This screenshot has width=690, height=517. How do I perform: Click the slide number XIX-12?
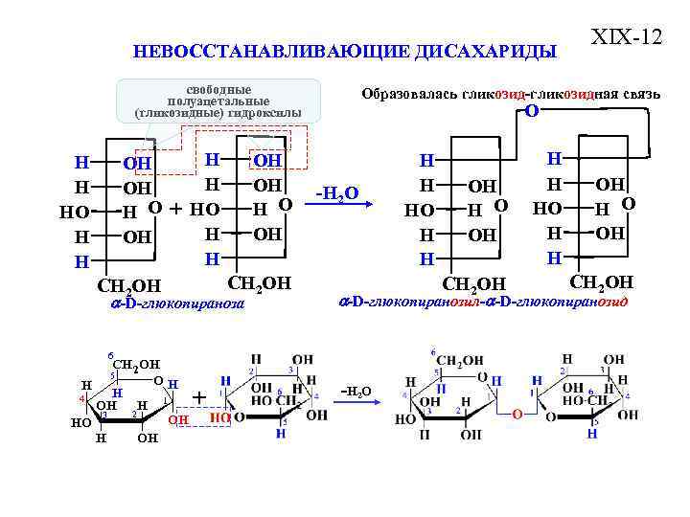coord(627,38)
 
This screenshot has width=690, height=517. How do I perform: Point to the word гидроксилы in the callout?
coord(267,114)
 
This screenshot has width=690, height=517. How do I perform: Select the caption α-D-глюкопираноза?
coord(177,303)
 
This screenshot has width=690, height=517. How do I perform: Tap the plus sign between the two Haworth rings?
coord(199,396)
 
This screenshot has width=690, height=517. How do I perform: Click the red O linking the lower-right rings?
coord(517,415)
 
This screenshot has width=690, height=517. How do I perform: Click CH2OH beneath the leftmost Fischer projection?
coord(129,285)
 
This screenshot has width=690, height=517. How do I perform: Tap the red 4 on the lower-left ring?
coord(82,397)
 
